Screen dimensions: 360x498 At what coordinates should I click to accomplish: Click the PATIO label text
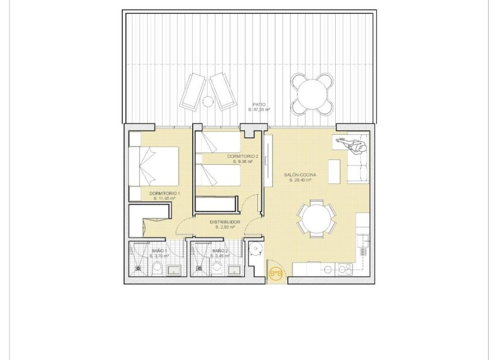pos(258,104)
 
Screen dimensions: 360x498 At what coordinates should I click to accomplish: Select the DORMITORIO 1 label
pos(165,193)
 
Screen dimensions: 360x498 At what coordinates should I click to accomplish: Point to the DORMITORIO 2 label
pos(243,157)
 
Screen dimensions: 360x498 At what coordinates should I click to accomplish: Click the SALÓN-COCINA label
pos(300,175)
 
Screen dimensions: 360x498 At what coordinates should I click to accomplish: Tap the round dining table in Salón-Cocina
pos(316,218)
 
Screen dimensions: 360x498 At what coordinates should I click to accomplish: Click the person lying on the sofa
pos(352,144)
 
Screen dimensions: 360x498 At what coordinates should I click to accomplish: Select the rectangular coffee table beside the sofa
pos(335,171)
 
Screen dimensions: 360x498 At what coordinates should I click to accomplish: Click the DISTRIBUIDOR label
pos(225,222)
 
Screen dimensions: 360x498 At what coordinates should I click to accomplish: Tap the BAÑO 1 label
pos(158,251)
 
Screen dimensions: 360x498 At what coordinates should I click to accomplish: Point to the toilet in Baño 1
pos(157,269)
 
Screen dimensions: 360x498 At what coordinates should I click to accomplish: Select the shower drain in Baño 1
pos(138,269)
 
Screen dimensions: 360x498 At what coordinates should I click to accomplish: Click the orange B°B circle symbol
pos(275,273)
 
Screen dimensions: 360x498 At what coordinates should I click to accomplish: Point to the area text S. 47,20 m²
pos(258,110)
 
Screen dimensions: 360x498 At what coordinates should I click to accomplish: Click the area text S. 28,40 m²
pos(300,181)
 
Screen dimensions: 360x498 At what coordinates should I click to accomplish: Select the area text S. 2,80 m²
pos(225,227)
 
